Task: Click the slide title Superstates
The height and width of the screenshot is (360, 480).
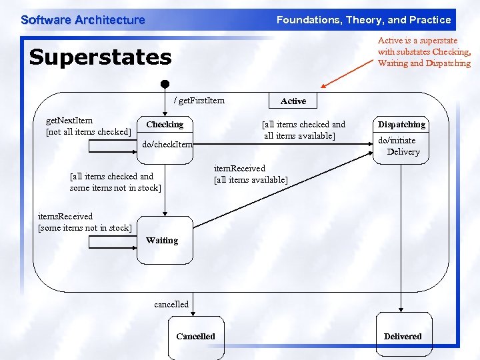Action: (100, 57)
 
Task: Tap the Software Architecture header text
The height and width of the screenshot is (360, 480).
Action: (83, 20)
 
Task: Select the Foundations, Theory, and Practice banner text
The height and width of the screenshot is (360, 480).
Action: (363, 20)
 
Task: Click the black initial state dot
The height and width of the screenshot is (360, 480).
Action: (165, 84)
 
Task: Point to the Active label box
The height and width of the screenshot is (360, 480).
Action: (293, 101)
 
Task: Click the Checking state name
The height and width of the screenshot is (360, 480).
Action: (165, 125)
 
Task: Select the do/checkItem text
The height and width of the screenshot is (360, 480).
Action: (167, 144)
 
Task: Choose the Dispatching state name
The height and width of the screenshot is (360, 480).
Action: (401, 125)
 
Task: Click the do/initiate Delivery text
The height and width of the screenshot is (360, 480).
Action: (400, 146)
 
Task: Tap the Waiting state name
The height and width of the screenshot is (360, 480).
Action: (162, 241)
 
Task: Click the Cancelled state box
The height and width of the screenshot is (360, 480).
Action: (195, 336)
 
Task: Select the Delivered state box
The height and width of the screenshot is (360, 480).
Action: (403, 336)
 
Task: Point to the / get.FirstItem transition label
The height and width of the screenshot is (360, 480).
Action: (199, 101)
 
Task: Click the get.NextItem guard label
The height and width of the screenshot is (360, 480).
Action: (87, 126)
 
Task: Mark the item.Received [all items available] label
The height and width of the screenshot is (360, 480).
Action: (251, 174)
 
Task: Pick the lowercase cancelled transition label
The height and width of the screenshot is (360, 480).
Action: (171, 304)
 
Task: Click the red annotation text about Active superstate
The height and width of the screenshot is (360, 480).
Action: (424, 52)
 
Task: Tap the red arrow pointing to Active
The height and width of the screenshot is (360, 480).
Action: (346, 75)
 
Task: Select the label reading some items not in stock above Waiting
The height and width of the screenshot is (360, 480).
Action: (115, 182)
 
